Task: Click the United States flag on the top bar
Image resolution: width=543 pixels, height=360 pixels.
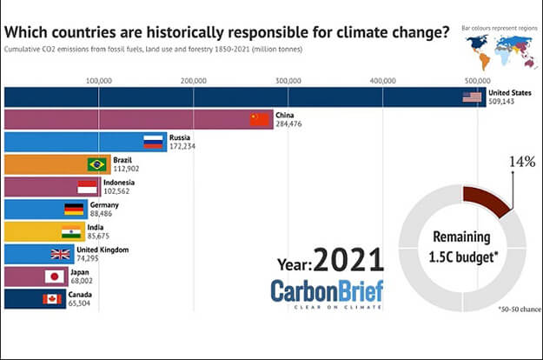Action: (x=472, y=97)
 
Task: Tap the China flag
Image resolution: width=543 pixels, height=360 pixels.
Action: (x=261, y=119)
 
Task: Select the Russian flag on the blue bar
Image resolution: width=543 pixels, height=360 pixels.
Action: (x=155, y=142)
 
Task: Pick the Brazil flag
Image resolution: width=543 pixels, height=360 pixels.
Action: (x=97, y=164)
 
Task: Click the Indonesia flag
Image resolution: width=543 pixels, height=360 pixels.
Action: (x=87, y=187)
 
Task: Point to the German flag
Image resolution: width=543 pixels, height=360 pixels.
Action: (x=75, y=209)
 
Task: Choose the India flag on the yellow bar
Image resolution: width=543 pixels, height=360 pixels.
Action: (x=71, y=231)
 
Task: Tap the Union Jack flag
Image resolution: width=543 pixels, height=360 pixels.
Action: (x=61, y=254)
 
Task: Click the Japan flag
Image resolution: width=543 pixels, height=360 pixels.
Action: (x=55, y=277)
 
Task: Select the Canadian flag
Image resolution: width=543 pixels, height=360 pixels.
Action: (x=53, y=299)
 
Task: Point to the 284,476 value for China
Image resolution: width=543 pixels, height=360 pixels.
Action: (x=291, y=123)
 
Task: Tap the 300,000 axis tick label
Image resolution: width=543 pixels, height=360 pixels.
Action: (x=288, y=81)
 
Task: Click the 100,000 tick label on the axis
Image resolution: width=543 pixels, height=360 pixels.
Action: (x=99, y=81)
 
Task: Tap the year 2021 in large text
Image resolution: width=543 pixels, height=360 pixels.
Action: (x=348, y=259)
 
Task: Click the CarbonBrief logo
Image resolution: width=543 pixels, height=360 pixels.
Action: (x=326, y=291)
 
